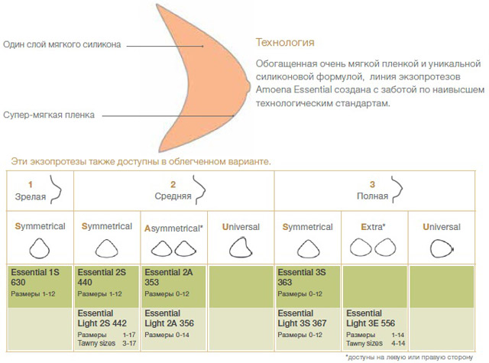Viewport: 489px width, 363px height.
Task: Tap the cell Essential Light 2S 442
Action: tap(106, 326)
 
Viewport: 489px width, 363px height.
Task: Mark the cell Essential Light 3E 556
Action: tap(374, 326)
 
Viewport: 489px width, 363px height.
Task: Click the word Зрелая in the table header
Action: tap(31, 198)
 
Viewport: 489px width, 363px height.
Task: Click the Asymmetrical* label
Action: tap(174, 227)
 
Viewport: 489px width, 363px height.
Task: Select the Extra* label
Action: tap(374, 227)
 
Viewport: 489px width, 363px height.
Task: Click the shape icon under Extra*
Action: tap(374, 248)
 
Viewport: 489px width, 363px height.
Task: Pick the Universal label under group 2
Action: tap(241, 227)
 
